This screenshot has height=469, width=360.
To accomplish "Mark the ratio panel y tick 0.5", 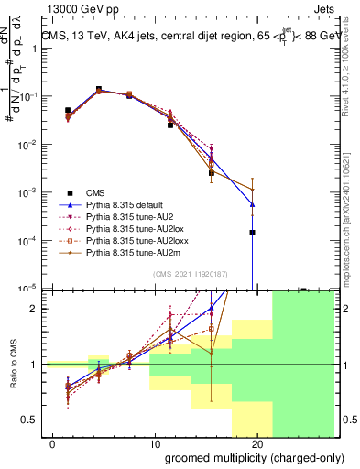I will click(x=31, y=420).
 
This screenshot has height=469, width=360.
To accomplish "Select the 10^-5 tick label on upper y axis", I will click(x=28, y=288).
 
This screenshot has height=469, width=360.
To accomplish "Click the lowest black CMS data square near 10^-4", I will click(x=251, y=233).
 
